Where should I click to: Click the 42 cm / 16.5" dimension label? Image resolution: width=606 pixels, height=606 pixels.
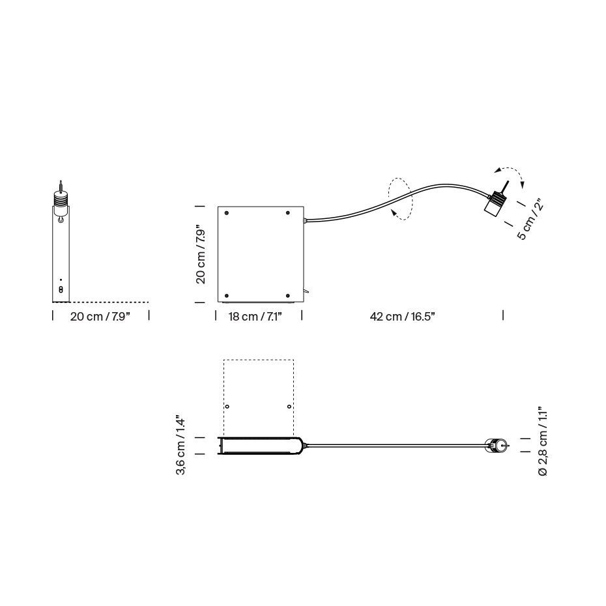point(402,317)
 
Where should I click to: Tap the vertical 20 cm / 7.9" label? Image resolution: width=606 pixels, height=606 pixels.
point(202,254)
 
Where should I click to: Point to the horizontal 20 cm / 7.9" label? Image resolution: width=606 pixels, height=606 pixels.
point(100,317)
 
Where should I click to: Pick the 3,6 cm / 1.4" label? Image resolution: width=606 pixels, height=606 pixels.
point(182,446)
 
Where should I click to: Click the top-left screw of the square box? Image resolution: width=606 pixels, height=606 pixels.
point(227,213)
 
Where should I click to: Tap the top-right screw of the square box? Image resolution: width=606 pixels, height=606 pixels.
point(287,213)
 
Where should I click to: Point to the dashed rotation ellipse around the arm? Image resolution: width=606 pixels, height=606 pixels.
point(400,199)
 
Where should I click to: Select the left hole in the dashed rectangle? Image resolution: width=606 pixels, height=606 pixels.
point(227,407)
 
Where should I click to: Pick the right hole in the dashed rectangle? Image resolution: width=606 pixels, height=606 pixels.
point(289,407)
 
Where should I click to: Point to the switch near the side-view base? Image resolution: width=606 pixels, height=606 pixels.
point(61,289)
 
